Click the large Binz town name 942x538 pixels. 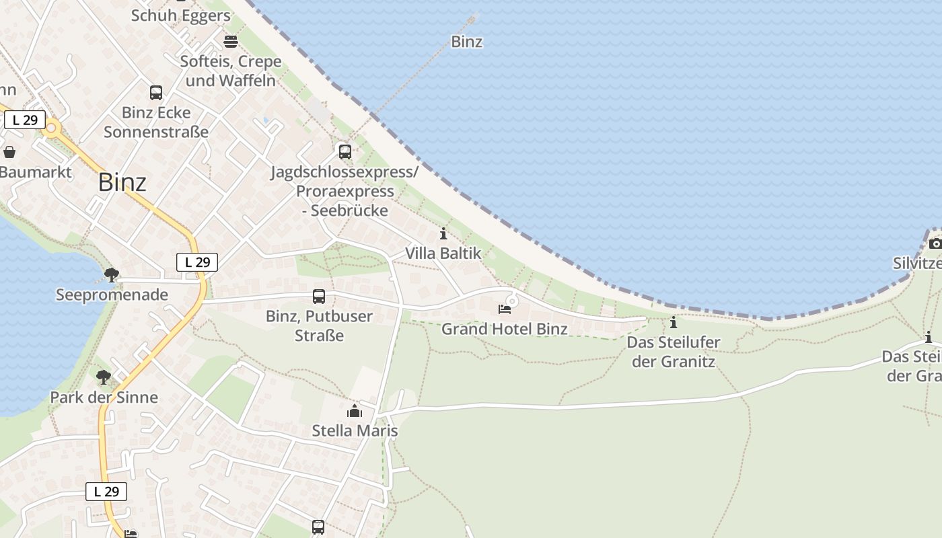point(122,182)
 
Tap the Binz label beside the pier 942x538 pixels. point(466,42)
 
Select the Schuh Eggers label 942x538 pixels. point(181,15)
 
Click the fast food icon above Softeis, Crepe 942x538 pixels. point(231,41)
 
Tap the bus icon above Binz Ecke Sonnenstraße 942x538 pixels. point(156,93)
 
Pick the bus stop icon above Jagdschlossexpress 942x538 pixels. point(345,152)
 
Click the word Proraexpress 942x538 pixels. point(345,191)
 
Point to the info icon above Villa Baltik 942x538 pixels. point(443,234)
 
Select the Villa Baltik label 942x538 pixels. point(443,254)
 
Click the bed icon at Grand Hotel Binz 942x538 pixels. point(504,309)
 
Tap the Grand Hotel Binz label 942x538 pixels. point(504,329)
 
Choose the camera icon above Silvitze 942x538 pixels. point(935,243)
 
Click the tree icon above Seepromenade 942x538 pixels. point(112,274)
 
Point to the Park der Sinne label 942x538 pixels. point(104,397)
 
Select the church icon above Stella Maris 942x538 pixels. point(355,411)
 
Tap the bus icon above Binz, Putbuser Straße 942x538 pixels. point(319,297)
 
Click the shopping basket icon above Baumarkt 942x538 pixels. point(9,152)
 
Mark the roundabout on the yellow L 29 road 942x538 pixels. point(50,128)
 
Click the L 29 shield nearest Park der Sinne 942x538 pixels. point(106,492)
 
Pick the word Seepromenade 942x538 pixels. point(112,295)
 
